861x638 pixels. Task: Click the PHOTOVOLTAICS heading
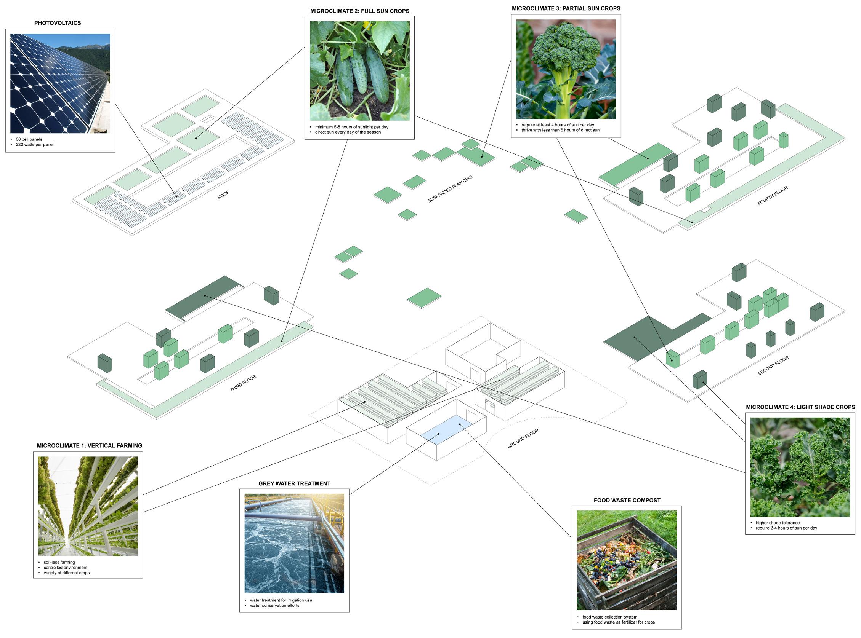pos(58,23)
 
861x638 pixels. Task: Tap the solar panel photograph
pos(60,83)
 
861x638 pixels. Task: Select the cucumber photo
pos(359,71)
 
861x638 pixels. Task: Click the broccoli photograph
pos(566,70)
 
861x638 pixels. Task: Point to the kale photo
pos(800,467)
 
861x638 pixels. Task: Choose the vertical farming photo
pos(88,506)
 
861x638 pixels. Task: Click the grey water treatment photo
pos(294,543)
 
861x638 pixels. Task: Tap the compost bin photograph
pos(627,560)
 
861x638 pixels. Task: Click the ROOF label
pos(223,195)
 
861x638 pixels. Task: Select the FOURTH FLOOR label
pos(773,196)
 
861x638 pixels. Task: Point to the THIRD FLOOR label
pos(243,383)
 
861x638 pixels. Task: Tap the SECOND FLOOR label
pos(773,365)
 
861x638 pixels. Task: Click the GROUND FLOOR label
pos(523,439)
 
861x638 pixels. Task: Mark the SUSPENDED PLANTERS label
pos(450,189)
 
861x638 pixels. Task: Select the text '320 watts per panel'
pos(35,144)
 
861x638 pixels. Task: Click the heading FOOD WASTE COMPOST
pos(627,500)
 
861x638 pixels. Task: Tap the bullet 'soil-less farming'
pos(59,562)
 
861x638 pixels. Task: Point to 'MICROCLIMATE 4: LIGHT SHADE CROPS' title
pos(800,407)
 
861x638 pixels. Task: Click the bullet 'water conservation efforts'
pos(274,605)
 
